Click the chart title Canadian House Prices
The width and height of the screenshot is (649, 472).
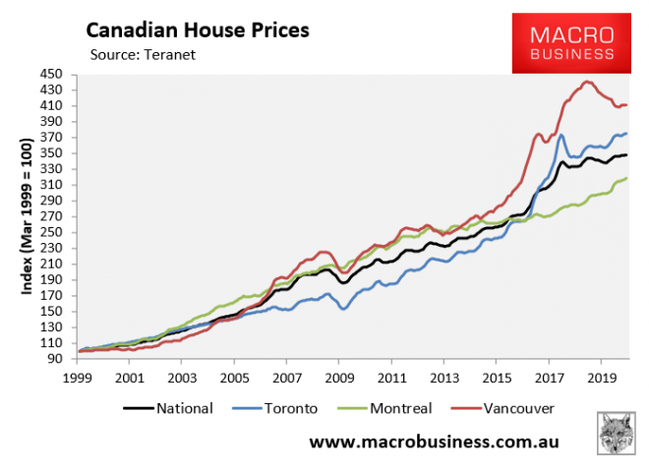(x=197, y=29)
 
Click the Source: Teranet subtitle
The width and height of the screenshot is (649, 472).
(x=143, y=55)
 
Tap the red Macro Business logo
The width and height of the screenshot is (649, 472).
(x=570, y=42)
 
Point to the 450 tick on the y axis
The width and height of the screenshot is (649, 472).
(x=51, y=74)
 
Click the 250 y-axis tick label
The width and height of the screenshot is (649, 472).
(x=51, y=231)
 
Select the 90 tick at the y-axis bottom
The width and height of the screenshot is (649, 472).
(x=55, y=358)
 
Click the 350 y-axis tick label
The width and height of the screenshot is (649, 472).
(x=51, y=152)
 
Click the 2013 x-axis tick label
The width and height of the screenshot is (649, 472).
(x=446, y=376)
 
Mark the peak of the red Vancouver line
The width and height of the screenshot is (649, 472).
(x=587, y=82)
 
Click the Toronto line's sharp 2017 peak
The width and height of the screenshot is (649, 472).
(x=561, y=135)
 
